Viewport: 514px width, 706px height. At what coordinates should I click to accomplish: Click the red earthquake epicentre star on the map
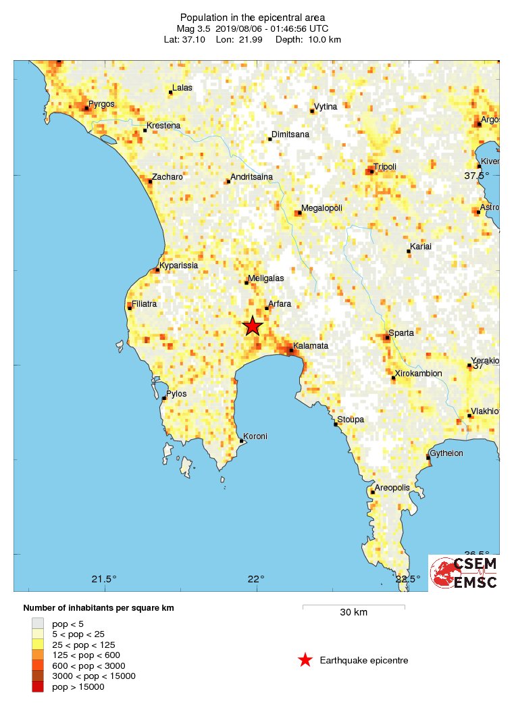pos(252,326)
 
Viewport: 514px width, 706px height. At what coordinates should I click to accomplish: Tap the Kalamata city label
pos(311,346)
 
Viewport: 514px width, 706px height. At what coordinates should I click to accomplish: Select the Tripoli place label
pos(385,167)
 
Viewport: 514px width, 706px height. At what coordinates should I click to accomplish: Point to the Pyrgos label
pos(101,104)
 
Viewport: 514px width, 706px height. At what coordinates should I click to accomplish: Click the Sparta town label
pos(401,332)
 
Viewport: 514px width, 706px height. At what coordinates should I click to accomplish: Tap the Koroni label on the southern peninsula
pos(255,436)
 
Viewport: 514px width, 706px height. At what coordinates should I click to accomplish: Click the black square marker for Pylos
pos(164,399)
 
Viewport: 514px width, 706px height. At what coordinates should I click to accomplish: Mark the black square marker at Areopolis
pos(373,492)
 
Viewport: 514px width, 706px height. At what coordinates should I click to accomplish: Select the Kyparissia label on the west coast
pos(178,266)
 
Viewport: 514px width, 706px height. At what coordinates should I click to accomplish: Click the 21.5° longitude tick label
pos(104,579)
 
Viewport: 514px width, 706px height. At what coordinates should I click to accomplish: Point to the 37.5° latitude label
pos(477,176)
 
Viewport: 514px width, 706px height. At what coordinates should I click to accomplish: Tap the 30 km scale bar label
pos(353,613)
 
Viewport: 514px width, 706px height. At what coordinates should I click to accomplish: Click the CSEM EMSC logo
pos(465,573)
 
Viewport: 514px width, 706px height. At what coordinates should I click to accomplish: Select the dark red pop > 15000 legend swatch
pos(38,686)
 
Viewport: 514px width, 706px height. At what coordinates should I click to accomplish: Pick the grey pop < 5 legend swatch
pos(38,623)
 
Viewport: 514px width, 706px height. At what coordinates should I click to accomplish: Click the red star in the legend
pos(305,661)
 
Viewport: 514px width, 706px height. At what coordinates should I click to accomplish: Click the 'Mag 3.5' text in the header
pos(195,29)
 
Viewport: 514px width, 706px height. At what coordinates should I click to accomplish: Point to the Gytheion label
pos(448,453)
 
